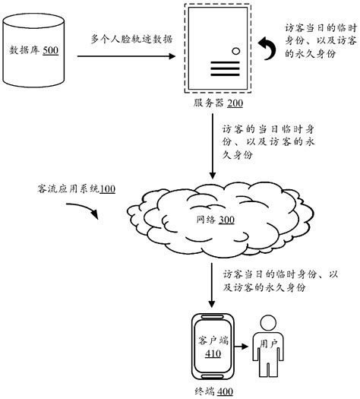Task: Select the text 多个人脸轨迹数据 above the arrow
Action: [128, 38]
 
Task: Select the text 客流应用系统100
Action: [76, 187]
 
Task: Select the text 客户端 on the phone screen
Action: [213, 340]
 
